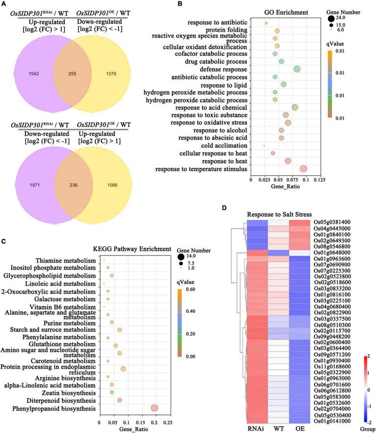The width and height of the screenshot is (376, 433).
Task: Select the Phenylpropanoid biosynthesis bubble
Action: [x=155, y=408]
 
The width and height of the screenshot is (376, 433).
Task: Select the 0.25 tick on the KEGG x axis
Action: [x=168, y=422]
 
